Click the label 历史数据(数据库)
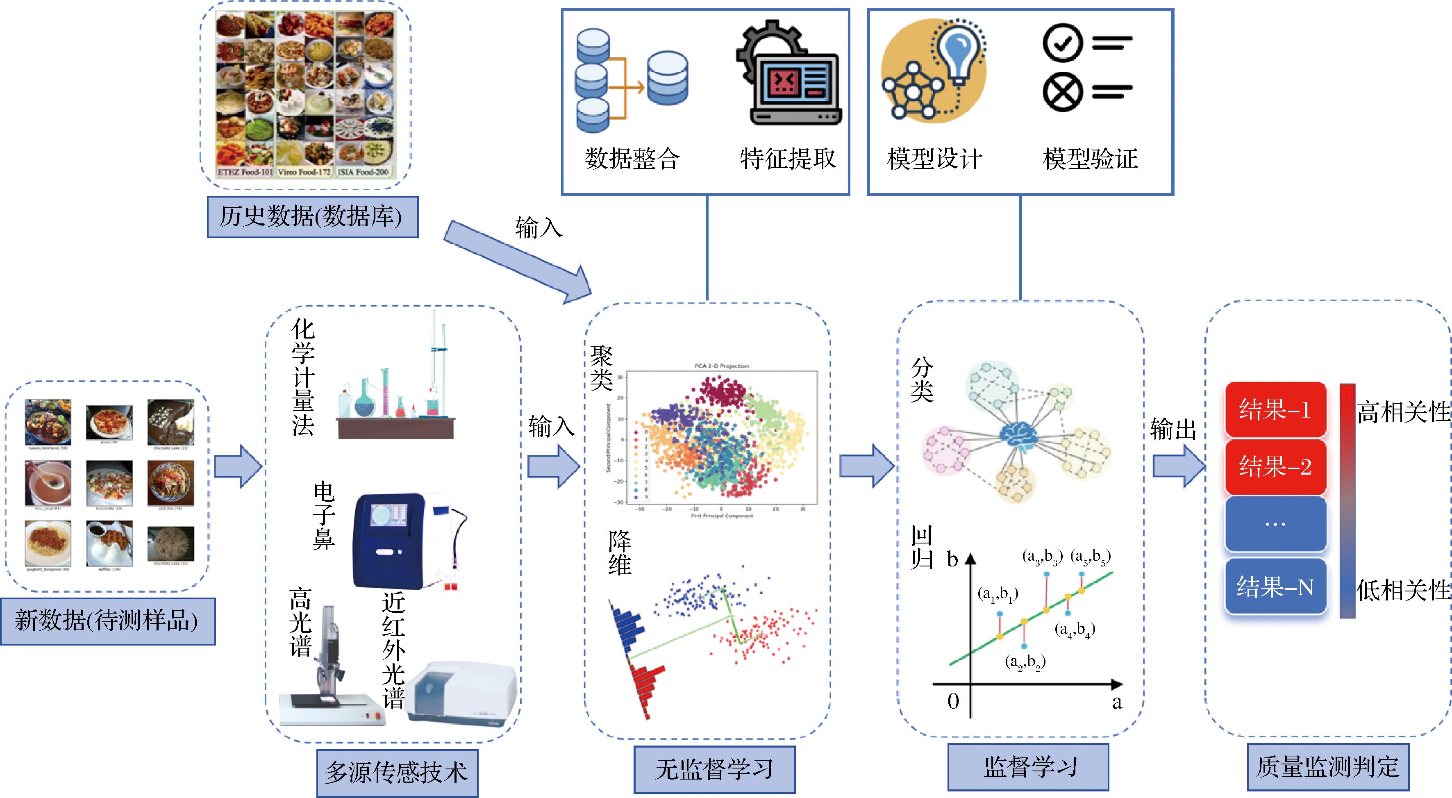312,217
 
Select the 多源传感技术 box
397,773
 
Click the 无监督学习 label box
714,770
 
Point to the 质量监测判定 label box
1327,767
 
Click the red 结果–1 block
1275,410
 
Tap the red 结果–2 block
1275,466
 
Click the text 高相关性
1403,412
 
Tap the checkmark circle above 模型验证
1063,43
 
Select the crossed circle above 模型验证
1063,92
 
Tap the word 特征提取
787,158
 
